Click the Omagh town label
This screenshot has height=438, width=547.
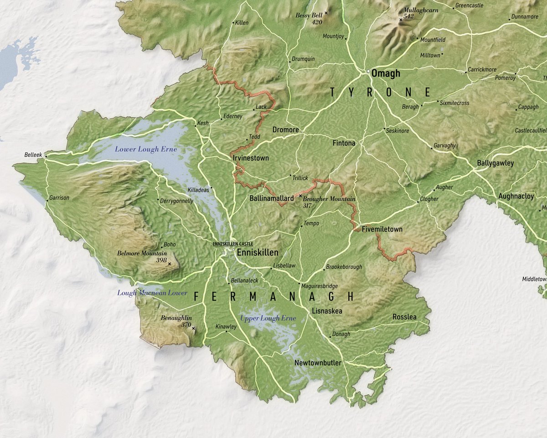click(x=386, y=73)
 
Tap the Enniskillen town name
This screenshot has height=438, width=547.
click(x=257, y=252)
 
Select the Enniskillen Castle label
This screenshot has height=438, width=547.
click(x=232, y=244)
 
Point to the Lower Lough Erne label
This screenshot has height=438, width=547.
click(x=146, y=149)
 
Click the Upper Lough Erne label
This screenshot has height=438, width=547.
click(x=268, y=318)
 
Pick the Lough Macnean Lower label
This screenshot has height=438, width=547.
click(x=152, y=292)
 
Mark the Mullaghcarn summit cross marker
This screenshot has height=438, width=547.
click(x=401, y=20)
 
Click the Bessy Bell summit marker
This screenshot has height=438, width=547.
click(x=326, y=13)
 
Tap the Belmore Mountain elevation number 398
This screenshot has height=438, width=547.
click(x=161, y=260)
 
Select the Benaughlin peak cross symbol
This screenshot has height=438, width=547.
click(x=193, y=328)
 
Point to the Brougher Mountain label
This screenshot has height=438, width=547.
click(x=329, y=199)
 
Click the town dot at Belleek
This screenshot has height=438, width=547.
click(x=45, y=156)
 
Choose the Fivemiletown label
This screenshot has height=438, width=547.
click(x=382, y=229)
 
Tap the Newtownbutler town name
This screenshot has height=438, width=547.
click(x=318, y=363)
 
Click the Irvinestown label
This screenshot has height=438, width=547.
click(x=251, y=158)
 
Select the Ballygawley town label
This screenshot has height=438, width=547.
click(x=495, y=163)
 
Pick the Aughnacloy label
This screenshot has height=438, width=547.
click(x=516, y=196)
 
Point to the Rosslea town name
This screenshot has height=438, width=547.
click(x=404, y=317)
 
